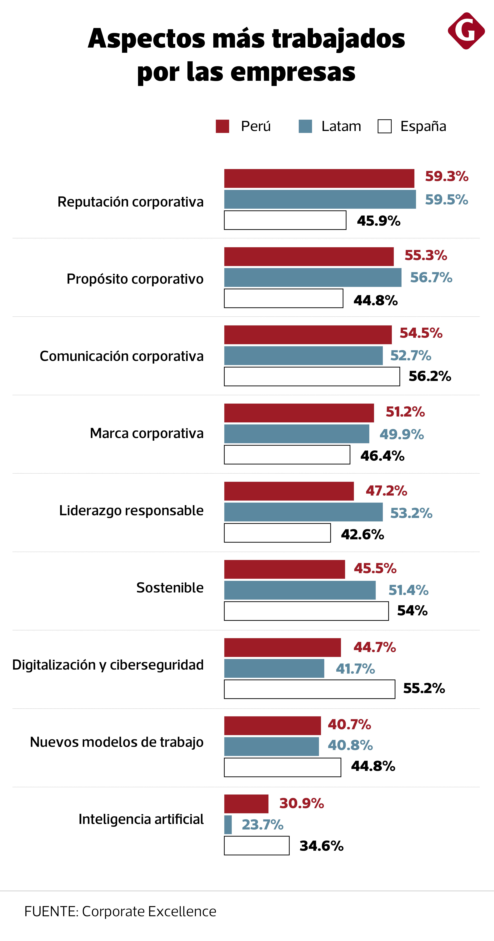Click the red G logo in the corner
[x=466, y=31]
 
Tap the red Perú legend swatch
[x=222, y=126]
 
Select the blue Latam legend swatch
[x=305, y=126]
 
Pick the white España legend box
[x=384, y=126]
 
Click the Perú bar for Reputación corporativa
[x=319, y=179]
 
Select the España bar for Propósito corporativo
[x=283, y=298]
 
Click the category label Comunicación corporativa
[x=122, y=356]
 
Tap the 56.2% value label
[x=430, y=376]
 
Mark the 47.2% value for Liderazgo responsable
[x=386, y=491]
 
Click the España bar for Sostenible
[x=306, y=611]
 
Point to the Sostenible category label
[x=170, y=588]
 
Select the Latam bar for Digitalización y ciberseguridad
[x=274, y=668]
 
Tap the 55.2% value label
[x=424, y=689]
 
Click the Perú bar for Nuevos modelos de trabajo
[x=272, y=726]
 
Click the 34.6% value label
[x=321, y=846]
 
